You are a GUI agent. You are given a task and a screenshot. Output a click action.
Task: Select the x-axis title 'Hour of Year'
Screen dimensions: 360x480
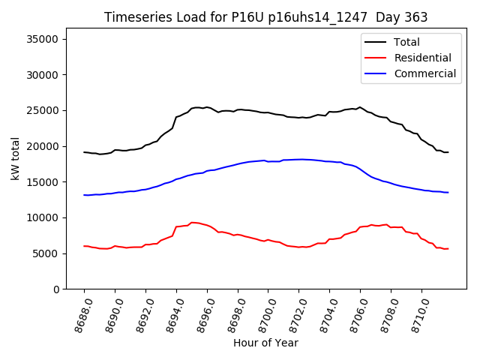pyautogui.click(x=265, y=343)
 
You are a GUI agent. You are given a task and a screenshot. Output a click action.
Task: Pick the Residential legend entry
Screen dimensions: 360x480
pyautogui.click(x=422, y=58)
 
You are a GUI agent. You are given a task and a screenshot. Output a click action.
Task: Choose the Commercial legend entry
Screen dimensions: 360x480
pyautogui.click(x=424, y=73)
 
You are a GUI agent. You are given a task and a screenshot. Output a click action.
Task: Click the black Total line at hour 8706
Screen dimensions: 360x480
pyautogui.click(x=360, y=107)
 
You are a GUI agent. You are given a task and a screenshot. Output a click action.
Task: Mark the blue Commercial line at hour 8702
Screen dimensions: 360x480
pyautogui.click(x=299, y=159)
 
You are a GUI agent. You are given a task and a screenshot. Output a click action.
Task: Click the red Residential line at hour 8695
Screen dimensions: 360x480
pyautogui.click(x=192, y=222)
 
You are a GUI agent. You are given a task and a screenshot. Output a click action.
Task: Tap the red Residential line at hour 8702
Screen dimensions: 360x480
pyautogui.click(x=299, y=247)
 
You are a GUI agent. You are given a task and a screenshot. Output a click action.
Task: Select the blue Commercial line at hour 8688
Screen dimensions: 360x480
pyautogui.click(x=85, y=195)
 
